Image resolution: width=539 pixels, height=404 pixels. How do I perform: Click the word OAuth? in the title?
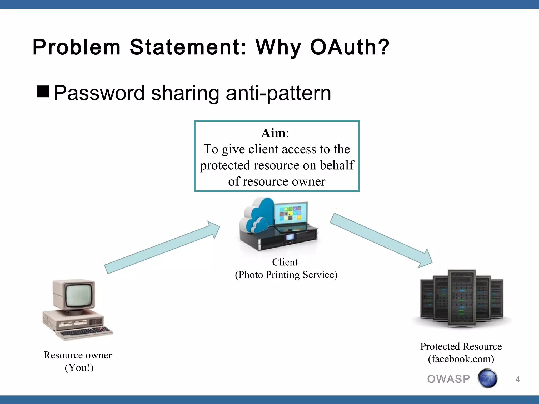pos(350,47)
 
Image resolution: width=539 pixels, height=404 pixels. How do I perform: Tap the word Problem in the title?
pos(76,47)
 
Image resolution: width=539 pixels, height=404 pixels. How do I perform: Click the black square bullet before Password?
pos(43,92)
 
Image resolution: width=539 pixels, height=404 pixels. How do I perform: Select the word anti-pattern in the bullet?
pos(278,93)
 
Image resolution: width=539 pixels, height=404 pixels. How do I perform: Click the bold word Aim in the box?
pos(273,133)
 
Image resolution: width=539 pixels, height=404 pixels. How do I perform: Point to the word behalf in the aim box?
pos(337,165)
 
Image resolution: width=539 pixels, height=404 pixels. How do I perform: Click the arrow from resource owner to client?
pos(162,248)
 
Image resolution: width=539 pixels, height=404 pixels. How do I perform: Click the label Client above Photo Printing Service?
pos(285,262)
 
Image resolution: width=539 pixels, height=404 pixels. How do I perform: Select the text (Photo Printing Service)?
pos(286,275)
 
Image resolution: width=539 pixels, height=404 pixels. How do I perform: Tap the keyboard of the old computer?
pos(86,332)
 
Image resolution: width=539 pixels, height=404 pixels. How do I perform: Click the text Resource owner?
pos(78,355)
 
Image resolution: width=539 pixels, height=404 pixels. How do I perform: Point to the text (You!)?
pos(79,368)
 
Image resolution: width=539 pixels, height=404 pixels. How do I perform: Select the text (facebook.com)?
pos(461,359)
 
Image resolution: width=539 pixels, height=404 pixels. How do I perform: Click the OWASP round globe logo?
pos(487,378)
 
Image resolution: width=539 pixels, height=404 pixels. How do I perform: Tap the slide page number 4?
pos(517,379)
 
